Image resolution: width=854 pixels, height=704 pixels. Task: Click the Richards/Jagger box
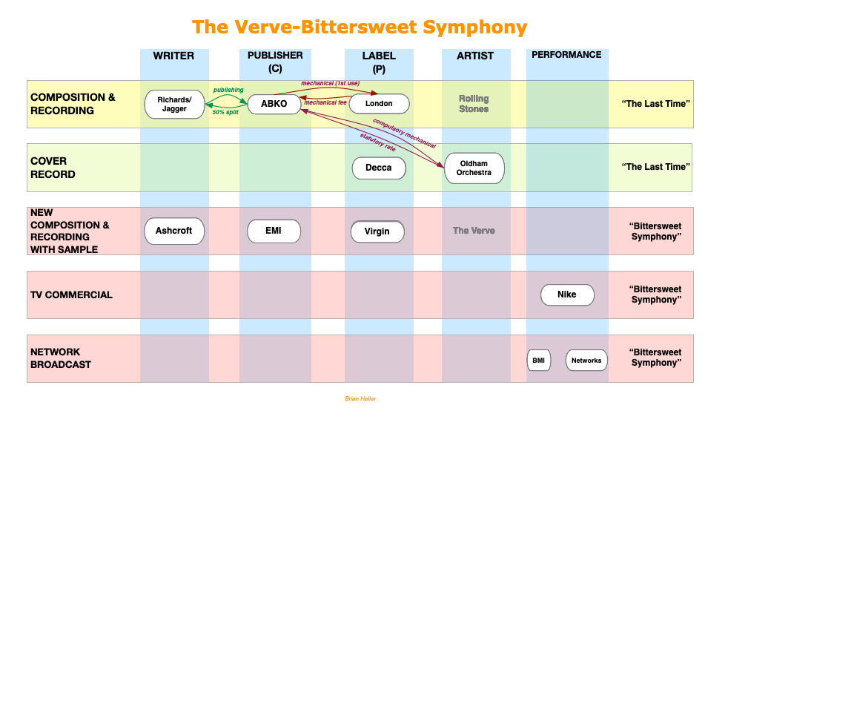(174, 104)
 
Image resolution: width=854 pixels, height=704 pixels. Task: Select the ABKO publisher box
(274, 104)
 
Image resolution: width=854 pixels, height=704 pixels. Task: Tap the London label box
(379, 104)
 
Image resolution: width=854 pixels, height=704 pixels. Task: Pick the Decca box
(379, 168)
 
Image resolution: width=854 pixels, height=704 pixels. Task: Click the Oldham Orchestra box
(474, 168)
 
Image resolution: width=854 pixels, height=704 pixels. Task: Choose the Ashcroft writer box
(174, 231)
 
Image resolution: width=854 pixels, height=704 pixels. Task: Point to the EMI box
(274, 231)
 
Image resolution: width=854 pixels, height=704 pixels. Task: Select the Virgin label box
(377, 231)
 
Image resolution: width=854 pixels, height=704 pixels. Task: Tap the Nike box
(567, 295)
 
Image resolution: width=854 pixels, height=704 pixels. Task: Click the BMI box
(539, 361)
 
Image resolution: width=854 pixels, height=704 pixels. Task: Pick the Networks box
(586, 361)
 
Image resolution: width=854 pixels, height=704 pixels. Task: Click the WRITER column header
(174, 56)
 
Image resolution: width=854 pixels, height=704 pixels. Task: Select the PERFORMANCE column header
(566, 55)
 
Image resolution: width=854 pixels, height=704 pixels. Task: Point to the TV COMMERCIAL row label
(71, 295)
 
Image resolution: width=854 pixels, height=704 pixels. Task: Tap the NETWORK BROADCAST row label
(61, 358)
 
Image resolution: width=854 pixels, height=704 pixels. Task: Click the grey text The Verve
(474, 231)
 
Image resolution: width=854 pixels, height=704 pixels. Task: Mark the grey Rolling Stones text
(474, 104)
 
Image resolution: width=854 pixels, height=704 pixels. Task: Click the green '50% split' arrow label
(225, 112)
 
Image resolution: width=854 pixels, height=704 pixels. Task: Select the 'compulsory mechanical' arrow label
(404, 134)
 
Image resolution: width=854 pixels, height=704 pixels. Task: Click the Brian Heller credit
(360, 398)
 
